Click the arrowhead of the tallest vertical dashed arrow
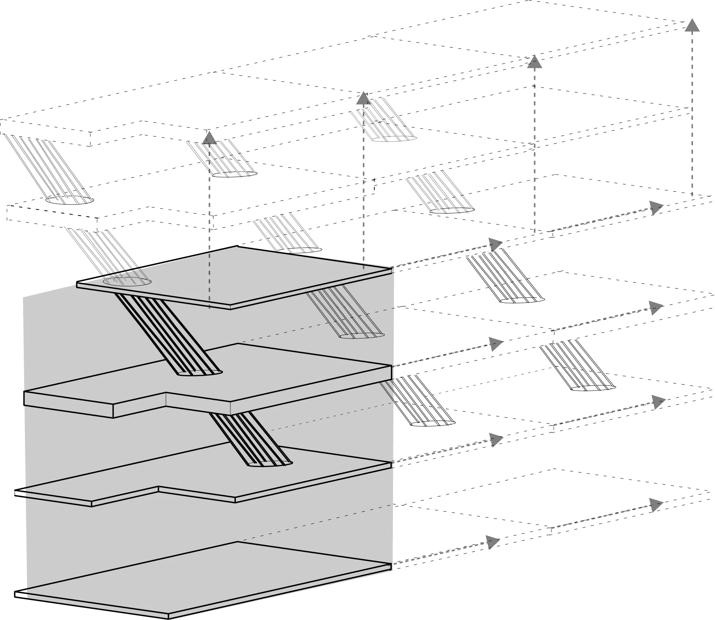(692, 26)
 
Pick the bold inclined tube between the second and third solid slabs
(249, 436)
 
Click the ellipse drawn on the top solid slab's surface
(127, 282)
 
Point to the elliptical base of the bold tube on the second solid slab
(200, 373)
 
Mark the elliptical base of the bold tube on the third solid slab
(270, 464)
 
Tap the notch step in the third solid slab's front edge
(158, 489)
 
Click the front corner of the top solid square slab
(230, 307)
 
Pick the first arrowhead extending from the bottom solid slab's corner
(493, 542)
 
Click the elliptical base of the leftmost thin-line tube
(69, 200)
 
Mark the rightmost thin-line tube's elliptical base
(593, 387)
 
